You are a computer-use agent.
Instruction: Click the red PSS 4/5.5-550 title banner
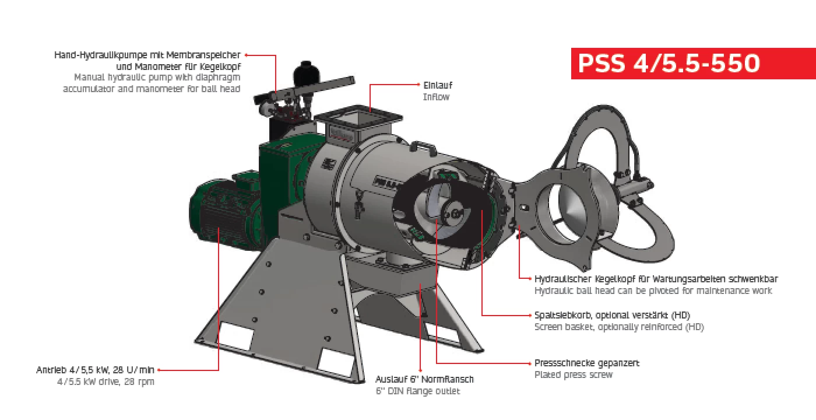pos(668,63)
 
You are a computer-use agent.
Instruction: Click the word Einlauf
pos(438,86)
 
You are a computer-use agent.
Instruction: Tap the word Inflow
pos(436,97)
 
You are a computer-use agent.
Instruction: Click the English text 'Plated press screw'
pos(574,374)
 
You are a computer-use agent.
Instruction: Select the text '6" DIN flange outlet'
pos(418,391)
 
